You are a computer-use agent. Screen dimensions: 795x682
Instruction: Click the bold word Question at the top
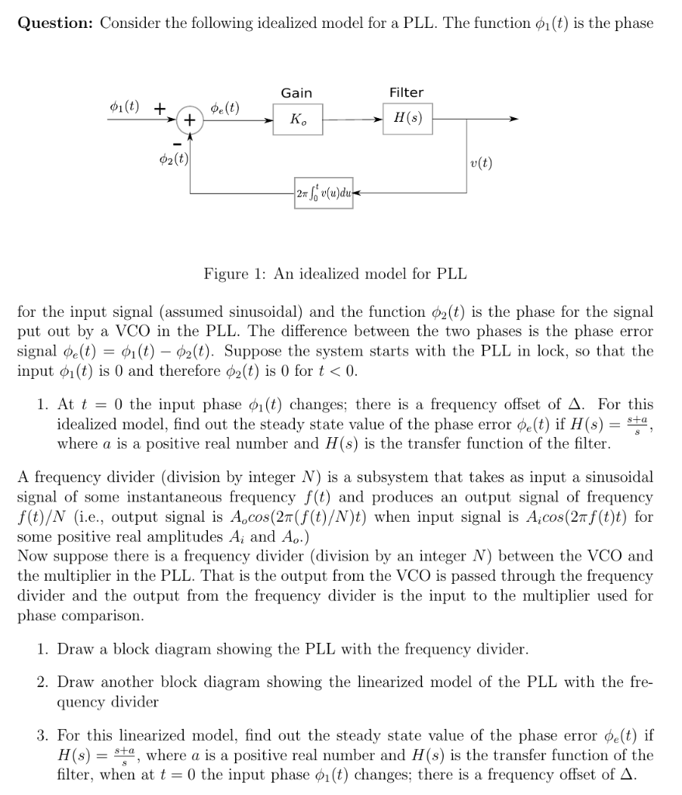coord(54,23)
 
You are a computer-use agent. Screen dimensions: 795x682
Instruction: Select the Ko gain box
coord(296,120)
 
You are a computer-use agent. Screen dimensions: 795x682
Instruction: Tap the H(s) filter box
coord(407,120)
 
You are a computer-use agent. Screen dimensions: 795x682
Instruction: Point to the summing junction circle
coord(189,120)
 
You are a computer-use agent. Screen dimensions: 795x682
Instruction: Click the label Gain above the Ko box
coord(296,93)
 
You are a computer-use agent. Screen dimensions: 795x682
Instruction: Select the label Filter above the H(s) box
coord(407,93)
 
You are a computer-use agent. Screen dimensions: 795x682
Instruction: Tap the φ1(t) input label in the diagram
coord(125,106)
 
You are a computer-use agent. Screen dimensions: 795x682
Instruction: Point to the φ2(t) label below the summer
coord(172,160)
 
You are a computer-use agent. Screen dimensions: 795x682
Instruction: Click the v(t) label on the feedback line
coord(481,163)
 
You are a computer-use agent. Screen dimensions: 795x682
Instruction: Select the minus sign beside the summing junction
coord(176,144)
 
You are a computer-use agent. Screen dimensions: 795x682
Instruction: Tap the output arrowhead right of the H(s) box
coord(512,120)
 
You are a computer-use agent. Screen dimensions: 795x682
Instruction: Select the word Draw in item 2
coord(74,682)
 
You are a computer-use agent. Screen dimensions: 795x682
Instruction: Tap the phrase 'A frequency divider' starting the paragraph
coord(73,477)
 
